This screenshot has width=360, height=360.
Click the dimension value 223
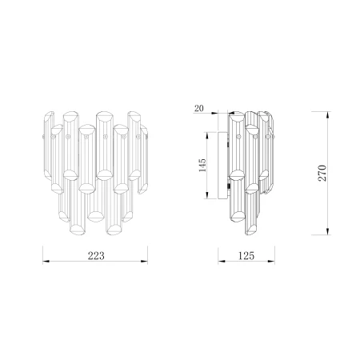[x=96, y=256]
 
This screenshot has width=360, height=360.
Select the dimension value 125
[x=246, y=256]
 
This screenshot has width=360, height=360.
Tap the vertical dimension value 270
[x=322, y=173]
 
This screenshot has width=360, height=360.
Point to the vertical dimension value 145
[x=202, y=165]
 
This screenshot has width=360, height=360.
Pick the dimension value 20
[x=199, y=109]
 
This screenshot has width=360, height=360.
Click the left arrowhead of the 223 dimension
[x=46, y=261]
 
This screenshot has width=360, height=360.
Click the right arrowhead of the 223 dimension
[x=144, y=261]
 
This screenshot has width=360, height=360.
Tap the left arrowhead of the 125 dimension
[x=222, y=262]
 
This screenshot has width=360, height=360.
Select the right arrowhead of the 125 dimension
[x=271, y=262]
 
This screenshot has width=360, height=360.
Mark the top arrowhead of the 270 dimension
[x=328, y=115]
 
